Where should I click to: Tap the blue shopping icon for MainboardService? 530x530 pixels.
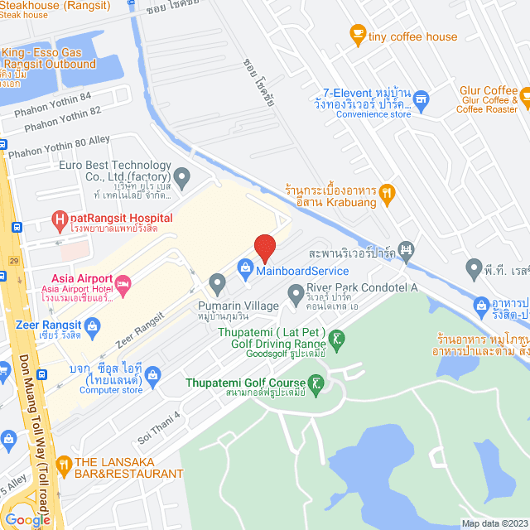[x=245, y=267]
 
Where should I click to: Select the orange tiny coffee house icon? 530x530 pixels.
[x=357, y=33]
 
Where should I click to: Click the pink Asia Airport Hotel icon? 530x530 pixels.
[x=123, y=286]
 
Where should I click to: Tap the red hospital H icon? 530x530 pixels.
[x=59, y=219]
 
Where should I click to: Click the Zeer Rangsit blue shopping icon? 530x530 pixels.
[x=93, y=325]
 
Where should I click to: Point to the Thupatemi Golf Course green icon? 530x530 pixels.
[x=316, y=383]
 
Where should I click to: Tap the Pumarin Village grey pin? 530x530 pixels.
[x=217, y=284]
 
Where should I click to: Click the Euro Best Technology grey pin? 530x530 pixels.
[x=182, y=175]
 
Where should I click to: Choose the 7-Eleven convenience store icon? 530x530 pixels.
[x=421, y=99]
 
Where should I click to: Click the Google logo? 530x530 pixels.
[x=27, y=519]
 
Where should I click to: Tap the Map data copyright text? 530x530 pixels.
[x=494, y=523]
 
